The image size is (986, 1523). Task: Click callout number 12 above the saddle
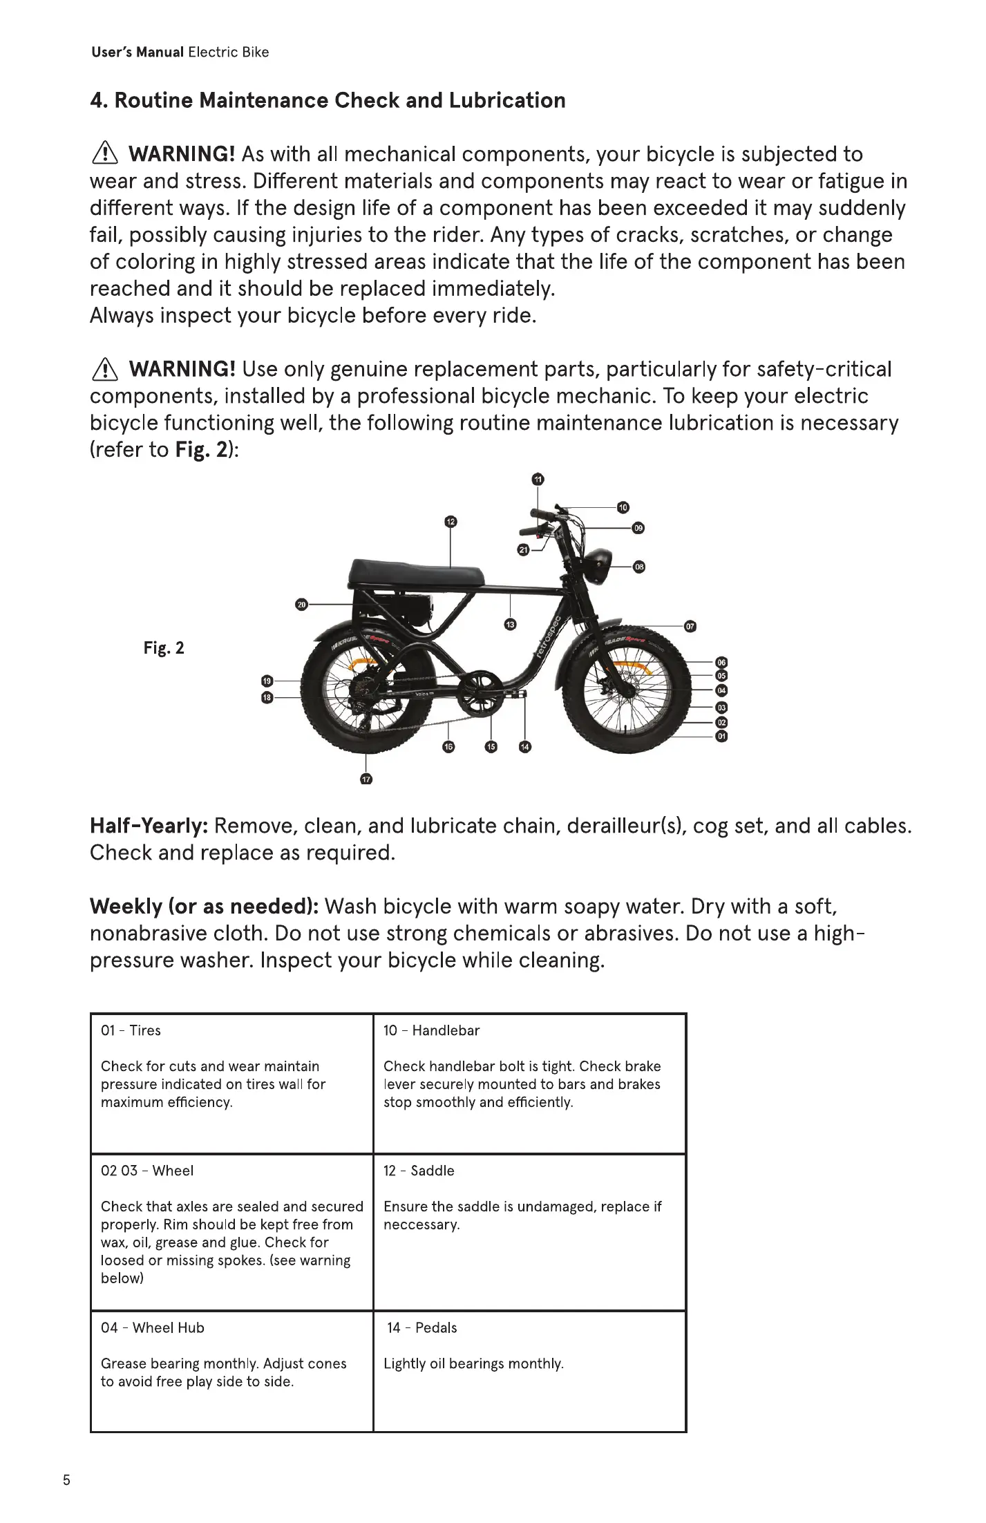[x=451, y=521]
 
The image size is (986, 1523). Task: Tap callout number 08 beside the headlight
[x=639, y=567]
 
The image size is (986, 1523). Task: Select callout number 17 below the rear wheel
[x=366, y=779]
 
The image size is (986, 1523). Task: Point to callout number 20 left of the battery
[x=301, y=605]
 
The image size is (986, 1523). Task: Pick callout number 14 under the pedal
[x=525, y=747]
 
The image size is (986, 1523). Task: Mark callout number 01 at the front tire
[x=721, y=737]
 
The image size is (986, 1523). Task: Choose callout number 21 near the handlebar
[x=523, y=550]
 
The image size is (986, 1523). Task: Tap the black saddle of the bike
[x=416, y=572]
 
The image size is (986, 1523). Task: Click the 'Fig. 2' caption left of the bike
[x=164, y=648]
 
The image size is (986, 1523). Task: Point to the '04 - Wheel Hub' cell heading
[x=153, y=1327]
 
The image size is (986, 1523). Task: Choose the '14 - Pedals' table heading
[x=421, y=1327]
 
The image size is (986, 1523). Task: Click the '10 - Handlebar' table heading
[x=431, y=1030]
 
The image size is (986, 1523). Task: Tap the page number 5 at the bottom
[x=66, y=1480]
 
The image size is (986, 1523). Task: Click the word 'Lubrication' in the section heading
[x=506, y=101]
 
